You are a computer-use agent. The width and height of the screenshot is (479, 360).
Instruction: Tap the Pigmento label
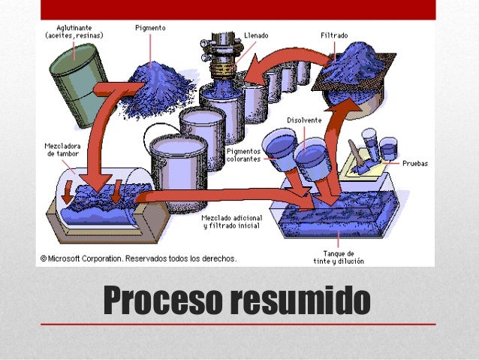[x=151, y=28]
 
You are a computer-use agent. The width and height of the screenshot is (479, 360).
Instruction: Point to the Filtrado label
[x=333, y=35]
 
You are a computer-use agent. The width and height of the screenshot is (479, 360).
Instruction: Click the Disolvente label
[x=305, y=120]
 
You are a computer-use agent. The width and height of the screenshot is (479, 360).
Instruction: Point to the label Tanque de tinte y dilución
[x=338, y=257]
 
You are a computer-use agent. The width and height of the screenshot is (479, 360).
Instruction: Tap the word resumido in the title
[x=300, y=301]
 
